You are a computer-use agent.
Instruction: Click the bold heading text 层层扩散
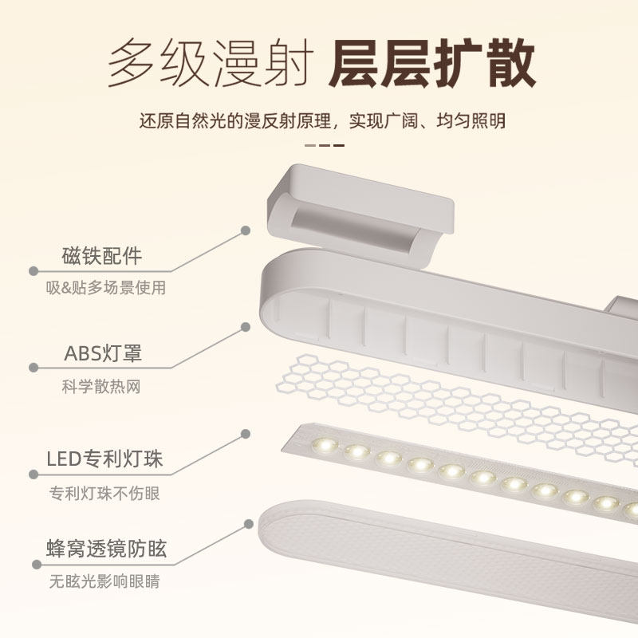tap(431, 63)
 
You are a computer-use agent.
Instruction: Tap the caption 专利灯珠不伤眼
tap(104, 493)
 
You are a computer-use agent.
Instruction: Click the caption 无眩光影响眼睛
tap(104, 581)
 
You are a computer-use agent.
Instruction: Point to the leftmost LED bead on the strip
tap(325, 443)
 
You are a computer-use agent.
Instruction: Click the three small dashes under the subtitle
tap(325, 145)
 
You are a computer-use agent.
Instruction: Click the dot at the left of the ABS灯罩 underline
tap(33, 368)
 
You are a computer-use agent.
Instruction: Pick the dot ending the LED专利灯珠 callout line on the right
tap(246, 433)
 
